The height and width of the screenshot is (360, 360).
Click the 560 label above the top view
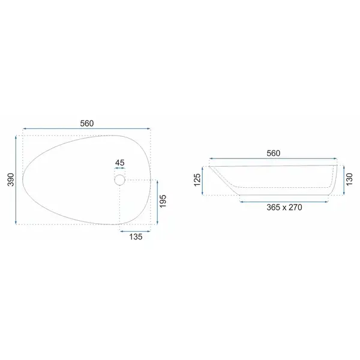pyautogui.click(x=87, y=124)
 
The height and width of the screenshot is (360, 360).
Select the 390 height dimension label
pyautogui.click(x=11, y=179)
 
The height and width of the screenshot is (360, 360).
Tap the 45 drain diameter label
pyautogui.click(x=119, y=163)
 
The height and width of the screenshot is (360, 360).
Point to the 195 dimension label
pyautogui.click(x=163, y=201)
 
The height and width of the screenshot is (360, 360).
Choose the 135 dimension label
pyautogui.click(x=136, y=237)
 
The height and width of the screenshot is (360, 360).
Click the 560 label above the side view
pyautogui.click(x=273, y=153)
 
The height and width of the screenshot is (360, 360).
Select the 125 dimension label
pyautogui.click(x=197, y=180)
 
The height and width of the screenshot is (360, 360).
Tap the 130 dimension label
pyautogui.click(x=349, y=179)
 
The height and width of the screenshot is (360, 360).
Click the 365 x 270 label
pyautogui.click(x=284, y=208)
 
